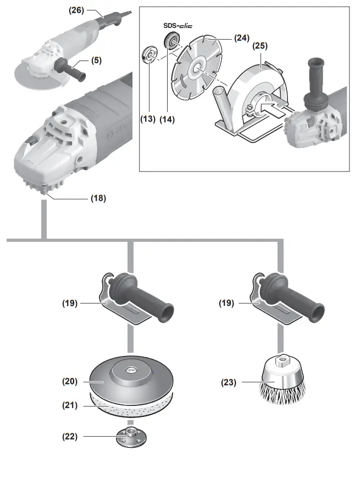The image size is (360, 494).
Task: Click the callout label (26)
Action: click(77, 9)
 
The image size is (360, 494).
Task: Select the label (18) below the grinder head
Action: click(98, 198)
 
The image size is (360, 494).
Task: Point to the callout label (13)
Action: click(148, 118)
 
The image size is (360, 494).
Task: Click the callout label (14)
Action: click(167, 118)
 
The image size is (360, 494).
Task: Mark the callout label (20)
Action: click(69, 380)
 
